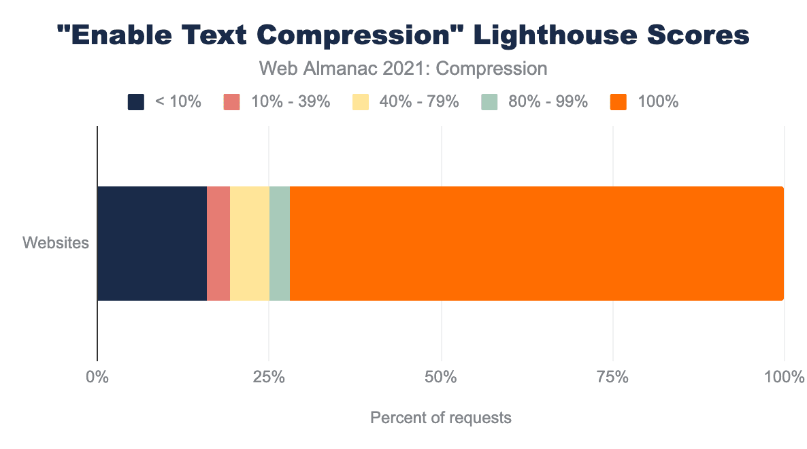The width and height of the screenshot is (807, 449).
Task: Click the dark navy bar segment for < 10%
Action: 152,243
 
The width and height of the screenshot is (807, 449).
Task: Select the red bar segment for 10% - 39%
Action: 218,243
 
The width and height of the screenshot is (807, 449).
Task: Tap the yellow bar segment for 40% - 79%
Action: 250,243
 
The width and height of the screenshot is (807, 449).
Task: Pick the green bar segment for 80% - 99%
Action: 280,243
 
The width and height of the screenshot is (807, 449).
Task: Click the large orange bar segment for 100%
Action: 536,243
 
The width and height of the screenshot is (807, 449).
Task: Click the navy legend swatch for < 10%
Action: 136,102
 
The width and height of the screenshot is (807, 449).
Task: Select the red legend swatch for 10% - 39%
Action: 232,102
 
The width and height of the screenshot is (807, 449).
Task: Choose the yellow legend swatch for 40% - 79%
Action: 360,102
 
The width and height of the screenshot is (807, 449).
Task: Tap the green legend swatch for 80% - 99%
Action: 489,102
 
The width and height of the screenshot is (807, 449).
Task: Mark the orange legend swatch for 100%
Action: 619,102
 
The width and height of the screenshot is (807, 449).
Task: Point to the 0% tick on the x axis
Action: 98,376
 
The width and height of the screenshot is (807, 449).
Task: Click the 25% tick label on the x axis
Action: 269,376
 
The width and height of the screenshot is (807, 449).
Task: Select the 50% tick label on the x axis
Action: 442,376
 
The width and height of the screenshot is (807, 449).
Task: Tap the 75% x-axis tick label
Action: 613,376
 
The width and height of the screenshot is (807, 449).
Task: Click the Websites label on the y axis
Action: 56,243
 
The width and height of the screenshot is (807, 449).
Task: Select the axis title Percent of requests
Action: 440,417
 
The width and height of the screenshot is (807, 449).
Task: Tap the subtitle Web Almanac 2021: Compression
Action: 403,69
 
